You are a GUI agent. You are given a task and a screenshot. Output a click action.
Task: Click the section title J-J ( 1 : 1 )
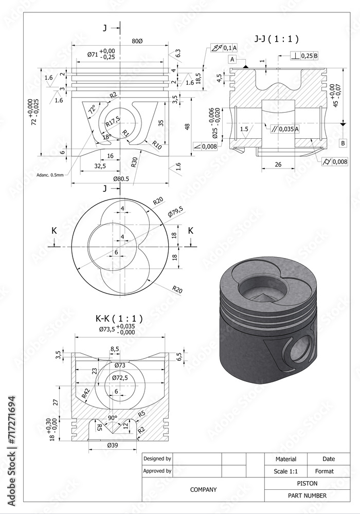[277, 39]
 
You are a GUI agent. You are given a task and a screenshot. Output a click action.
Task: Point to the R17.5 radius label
[113, 121]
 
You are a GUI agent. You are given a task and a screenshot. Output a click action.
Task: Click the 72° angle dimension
[92, 110]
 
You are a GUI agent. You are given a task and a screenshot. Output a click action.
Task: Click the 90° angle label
[113, 417]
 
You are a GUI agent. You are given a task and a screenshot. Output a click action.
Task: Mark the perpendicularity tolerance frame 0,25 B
[304, 56]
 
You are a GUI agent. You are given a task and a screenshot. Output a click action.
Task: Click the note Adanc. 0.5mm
[50, 175]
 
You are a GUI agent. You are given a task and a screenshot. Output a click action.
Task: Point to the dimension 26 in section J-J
[277, 165]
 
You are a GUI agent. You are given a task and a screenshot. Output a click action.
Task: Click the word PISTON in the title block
[307, 484]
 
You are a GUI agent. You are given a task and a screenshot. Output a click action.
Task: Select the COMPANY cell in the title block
[203, 490]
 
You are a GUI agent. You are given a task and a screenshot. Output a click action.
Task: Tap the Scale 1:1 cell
[285, 471]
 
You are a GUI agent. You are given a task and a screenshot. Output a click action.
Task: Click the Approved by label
[157, 471]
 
